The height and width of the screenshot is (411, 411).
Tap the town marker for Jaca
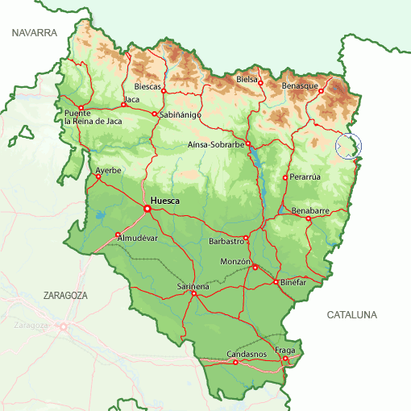coord(123,105)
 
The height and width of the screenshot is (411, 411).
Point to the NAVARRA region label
coord(35,33)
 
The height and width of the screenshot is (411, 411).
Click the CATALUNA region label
coord(351,315)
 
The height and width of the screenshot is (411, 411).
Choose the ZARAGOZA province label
coord(65,296)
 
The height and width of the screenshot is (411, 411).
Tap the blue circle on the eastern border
coord(348,146)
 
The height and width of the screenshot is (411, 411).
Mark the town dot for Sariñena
coord(193,293)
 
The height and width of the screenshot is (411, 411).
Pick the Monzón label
coord(236,262)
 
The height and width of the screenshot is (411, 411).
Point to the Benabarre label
coord(311,210)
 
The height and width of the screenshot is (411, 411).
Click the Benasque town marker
coord(321,91)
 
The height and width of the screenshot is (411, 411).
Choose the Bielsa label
coord(247,80)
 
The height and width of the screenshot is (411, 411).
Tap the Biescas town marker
coord(164,91)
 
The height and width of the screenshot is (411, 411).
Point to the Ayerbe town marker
coord(98,177)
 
